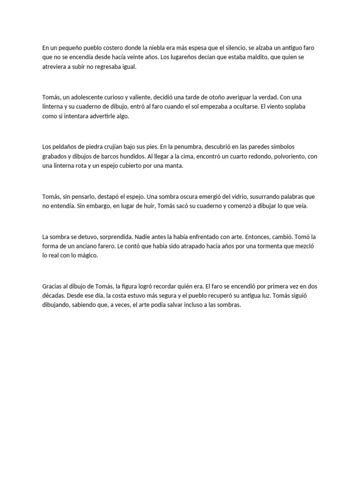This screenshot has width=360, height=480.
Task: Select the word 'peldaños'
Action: [65, 147]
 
